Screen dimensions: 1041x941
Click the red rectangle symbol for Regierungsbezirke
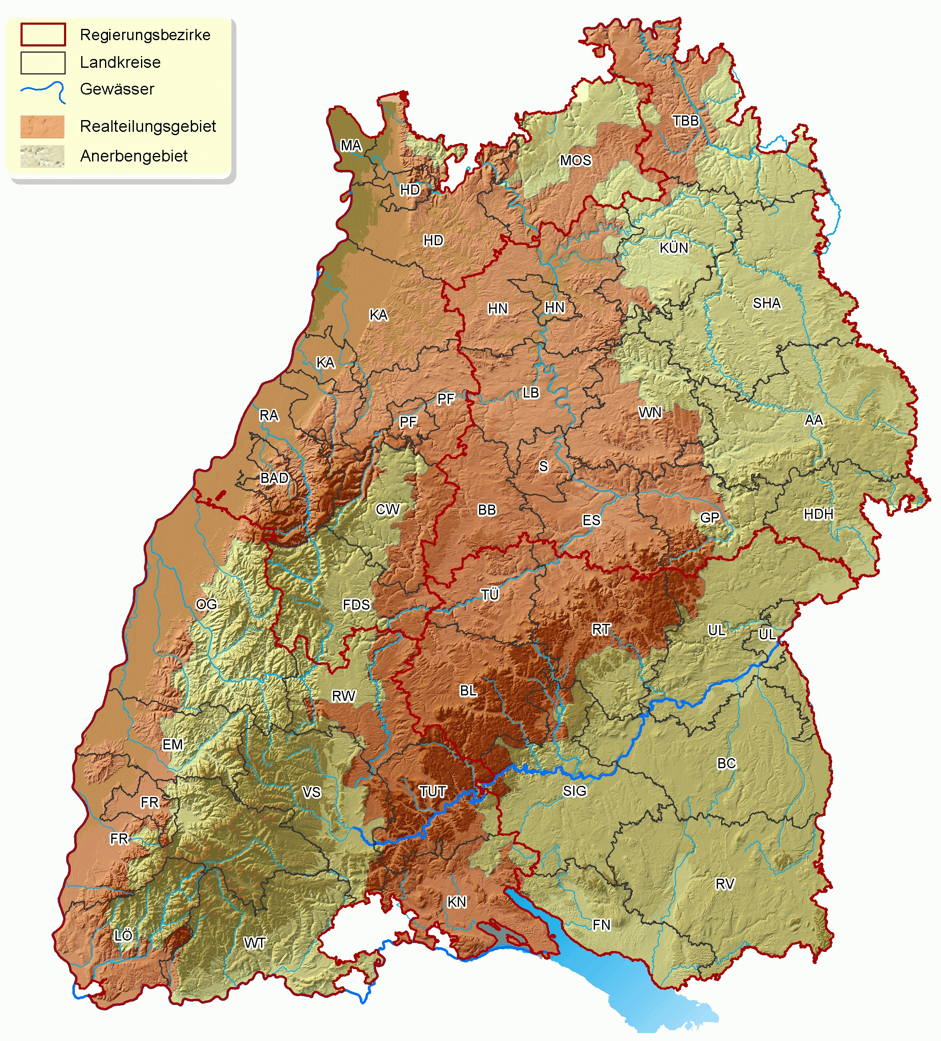coord(43,35)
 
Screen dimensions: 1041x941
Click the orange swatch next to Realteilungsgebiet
coord(42,126)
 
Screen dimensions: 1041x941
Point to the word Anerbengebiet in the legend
coord(134,156)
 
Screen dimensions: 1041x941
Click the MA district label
coord(351,146)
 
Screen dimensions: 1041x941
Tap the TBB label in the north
coord(685,121)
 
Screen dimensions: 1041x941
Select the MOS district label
coord(575,161)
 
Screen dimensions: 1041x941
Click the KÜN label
coord(674,248)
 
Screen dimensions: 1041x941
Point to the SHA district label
coord(767,303)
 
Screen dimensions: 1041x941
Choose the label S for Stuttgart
coord(544,466)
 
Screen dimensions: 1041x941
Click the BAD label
coord(274,478)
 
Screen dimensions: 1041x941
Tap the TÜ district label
coord(490,595)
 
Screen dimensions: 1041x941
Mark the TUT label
coord(433,792)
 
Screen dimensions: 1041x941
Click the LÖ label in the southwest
coord(123,936)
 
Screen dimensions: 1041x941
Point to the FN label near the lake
coord(601,925)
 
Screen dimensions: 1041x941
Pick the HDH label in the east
coord(818,514)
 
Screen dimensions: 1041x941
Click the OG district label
coord(207,604)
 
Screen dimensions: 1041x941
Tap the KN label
coord(456,902)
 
